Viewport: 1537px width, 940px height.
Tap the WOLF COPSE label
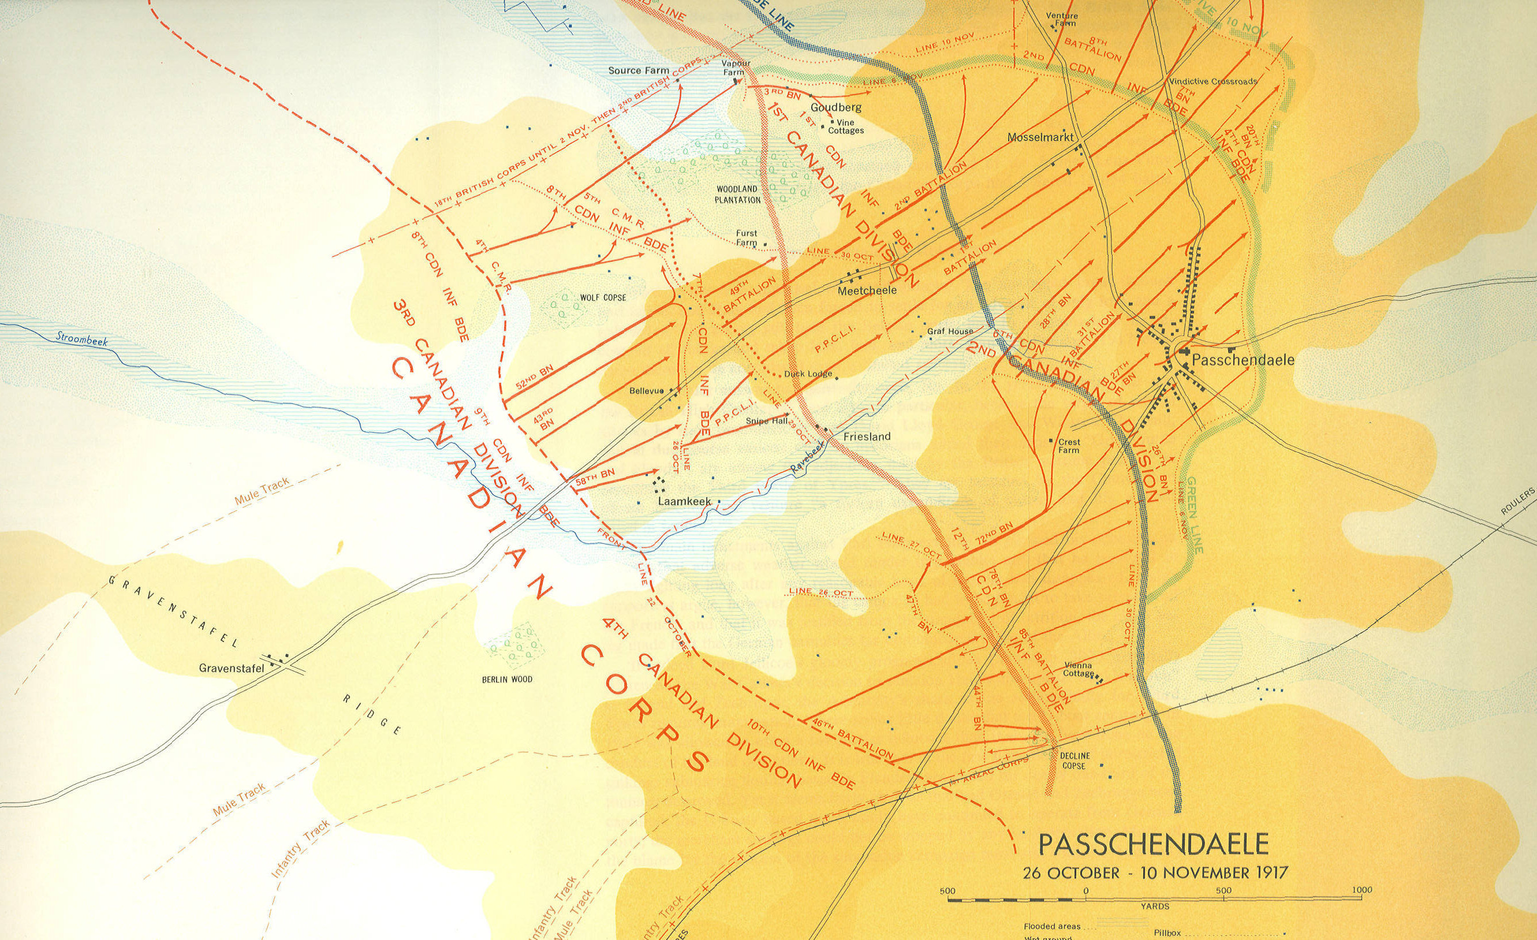coord(603,298)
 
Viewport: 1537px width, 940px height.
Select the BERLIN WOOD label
coord(507,678)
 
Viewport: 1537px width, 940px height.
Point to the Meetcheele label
coord(867,290)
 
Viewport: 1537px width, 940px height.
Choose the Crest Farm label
coord(1069,445)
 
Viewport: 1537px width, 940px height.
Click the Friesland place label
coord(867,437)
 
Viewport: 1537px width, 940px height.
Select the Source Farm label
coord(634,70)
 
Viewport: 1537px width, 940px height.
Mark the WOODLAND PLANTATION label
coord(738,194)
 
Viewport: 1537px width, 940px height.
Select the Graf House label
coord(950,332)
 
